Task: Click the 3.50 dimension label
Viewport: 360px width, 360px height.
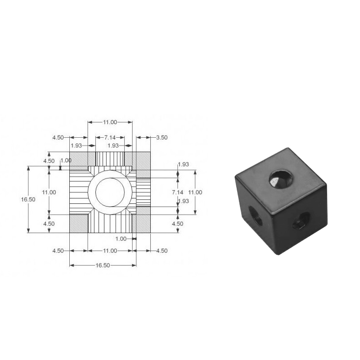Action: coord(162,138)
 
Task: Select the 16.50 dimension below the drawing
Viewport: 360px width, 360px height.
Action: coord(103,265)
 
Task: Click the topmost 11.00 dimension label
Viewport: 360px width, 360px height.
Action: coord(110,122)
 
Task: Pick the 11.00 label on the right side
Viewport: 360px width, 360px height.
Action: coord(195,192)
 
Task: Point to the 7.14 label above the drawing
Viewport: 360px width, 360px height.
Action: coord(110,137)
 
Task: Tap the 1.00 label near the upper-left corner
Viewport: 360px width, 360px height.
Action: coord(66,161)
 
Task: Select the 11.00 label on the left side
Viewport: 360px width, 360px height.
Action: coord(49,192)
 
